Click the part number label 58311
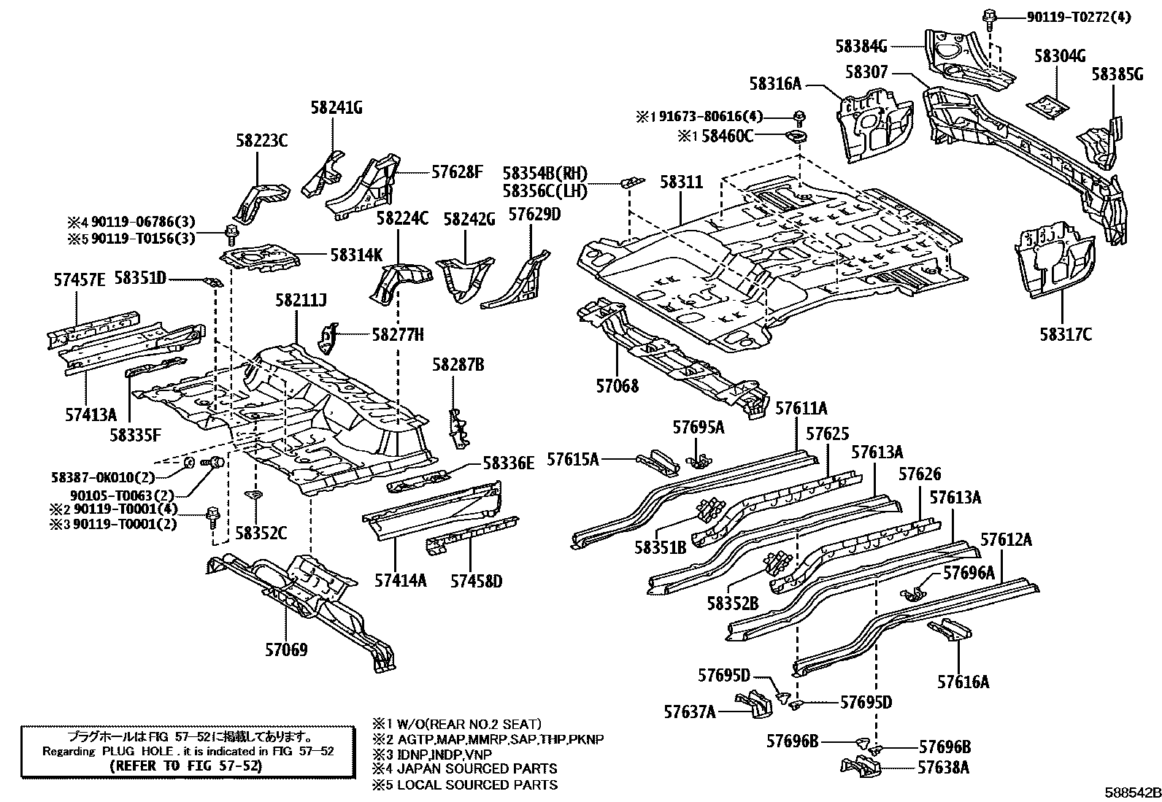point(681,182)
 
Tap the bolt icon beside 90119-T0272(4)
point(988,17)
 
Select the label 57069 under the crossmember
point(286,649)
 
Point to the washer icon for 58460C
point(797,137)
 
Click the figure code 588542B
point(1132,793)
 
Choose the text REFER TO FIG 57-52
point(186,766)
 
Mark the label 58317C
point(1066,334)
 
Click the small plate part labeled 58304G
point(1047,105)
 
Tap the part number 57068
point(617,386)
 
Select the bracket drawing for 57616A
point(950,629)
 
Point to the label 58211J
point(301,300)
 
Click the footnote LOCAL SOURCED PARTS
point(477,784)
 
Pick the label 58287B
point(458,365)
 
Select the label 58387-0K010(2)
point(103,477)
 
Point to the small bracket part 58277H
point(328,338)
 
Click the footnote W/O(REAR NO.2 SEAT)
point(469,724)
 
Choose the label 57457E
point(80,280)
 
